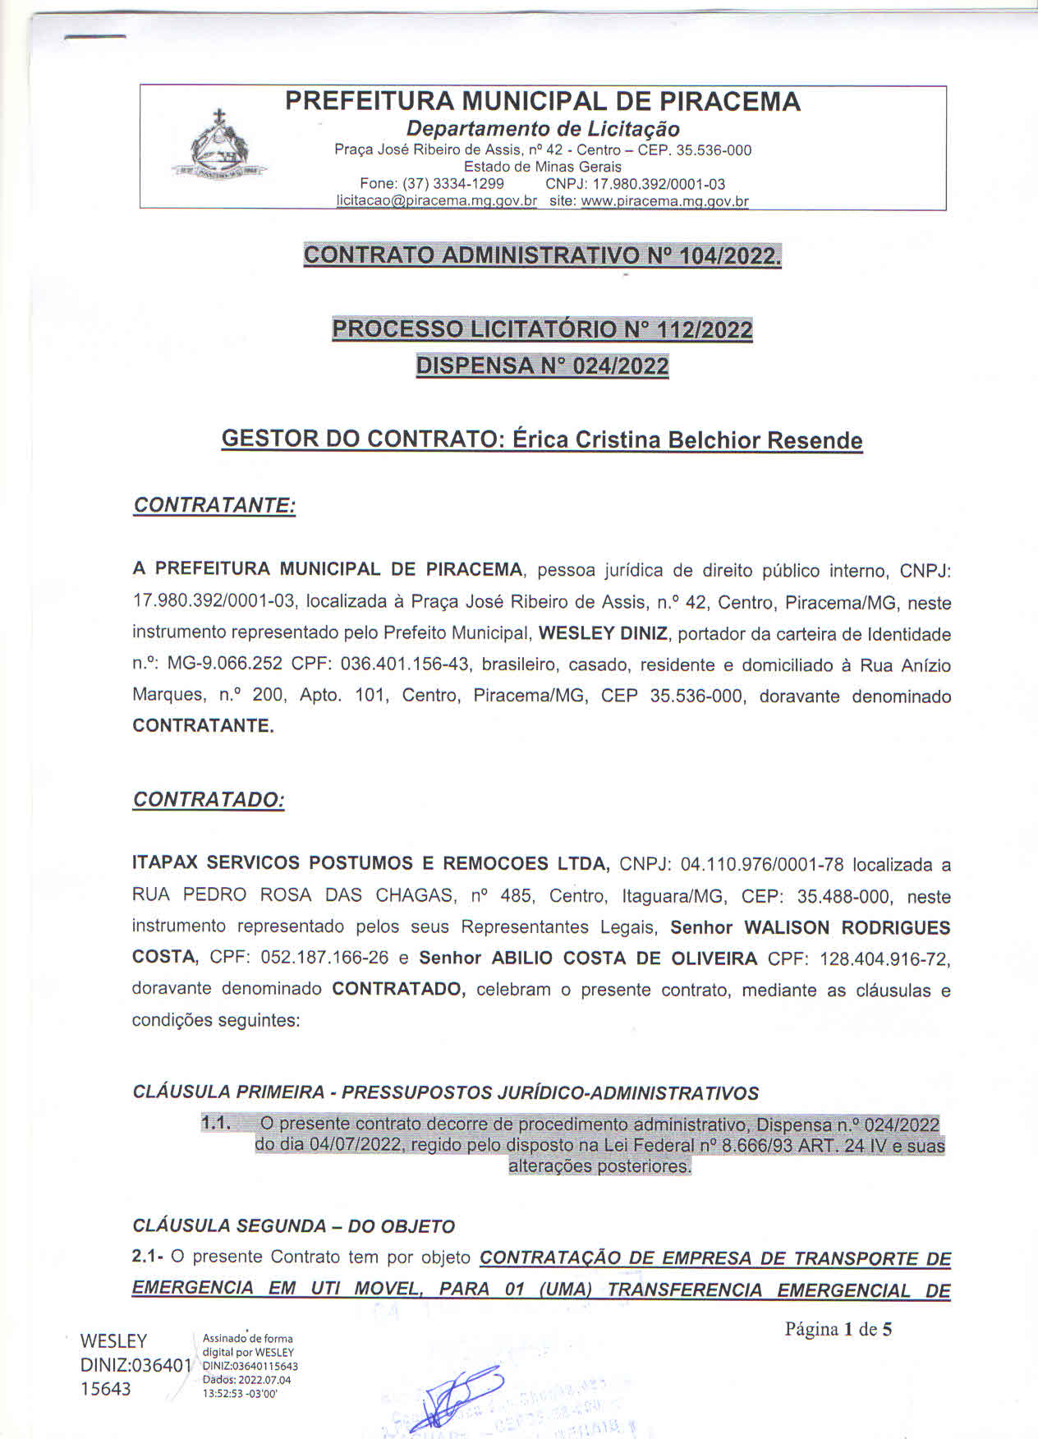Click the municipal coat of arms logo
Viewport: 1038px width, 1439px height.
pos(219,147)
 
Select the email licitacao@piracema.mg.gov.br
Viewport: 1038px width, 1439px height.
pos(437,200)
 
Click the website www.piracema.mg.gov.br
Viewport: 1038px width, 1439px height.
pos(665,200)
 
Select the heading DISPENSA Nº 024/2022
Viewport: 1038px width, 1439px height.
pos(542,365)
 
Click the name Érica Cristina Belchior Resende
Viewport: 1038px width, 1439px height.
pos(687,439)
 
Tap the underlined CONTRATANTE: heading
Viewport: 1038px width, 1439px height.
pos(214,505)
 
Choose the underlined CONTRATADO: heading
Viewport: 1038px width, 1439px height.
pos(209,799)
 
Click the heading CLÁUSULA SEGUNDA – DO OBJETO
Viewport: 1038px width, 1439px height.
pos(293,1226)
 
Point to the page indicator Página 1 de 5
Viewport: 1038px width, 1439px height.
pos(838,1329)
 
